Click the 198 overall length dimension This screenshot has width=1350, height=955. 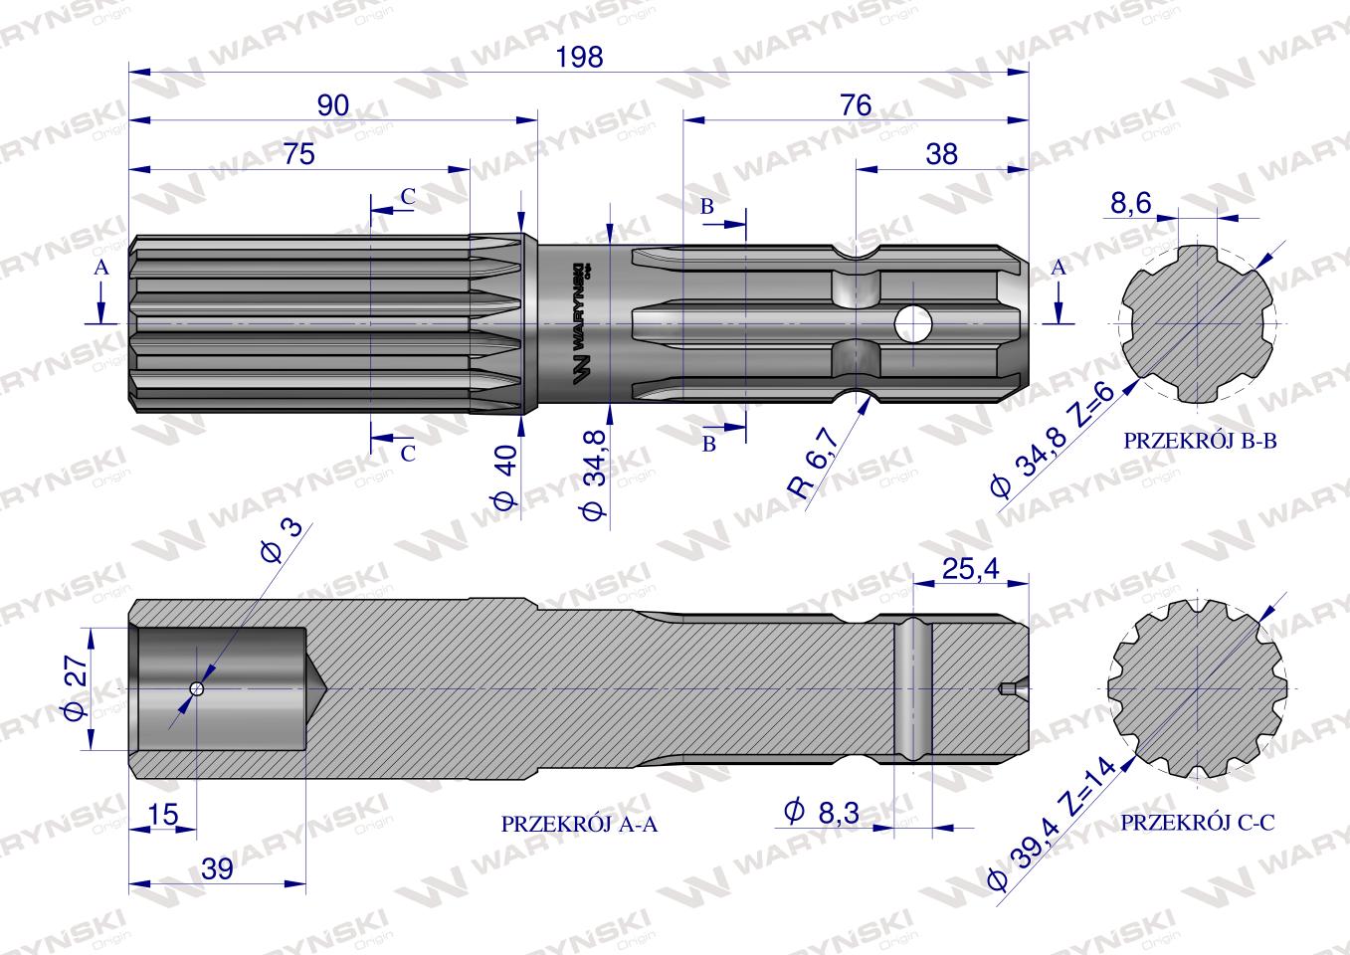point(579,58)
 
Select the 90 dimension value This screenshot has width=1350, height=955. point(332,106)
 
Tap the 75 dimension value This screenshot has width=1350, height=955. point(298,154)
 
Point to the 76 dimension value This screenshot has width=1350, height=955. point(856,106)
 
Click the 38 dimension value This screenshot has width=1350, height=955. point(941,154)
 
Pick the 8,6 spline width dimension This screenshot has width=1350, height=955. point(1130,203)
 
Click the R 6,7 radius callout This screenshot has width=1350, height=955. point(814,463)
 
